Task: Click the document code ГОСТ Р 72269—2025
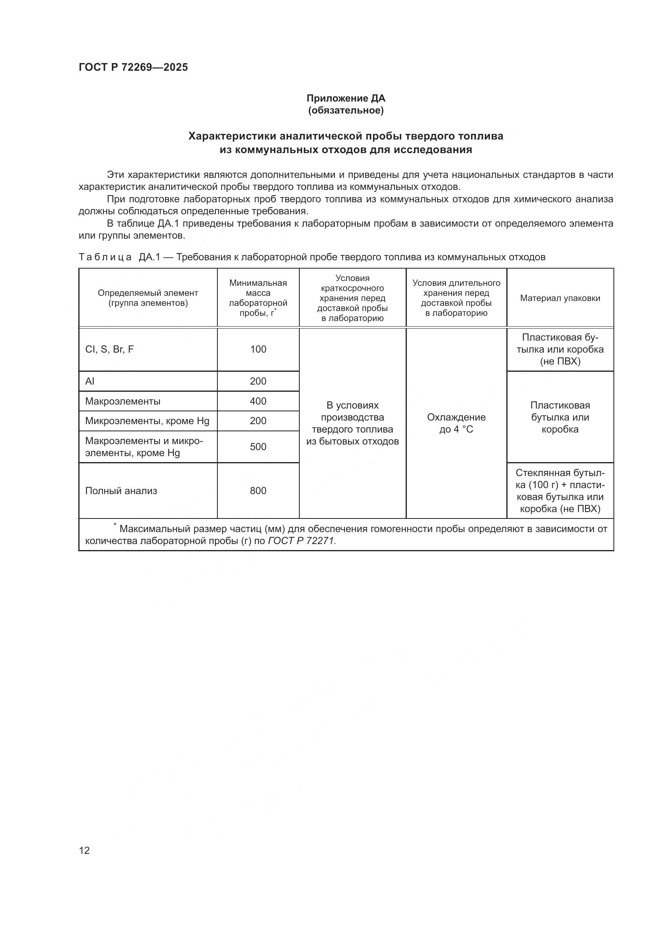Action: [x=133, y=67]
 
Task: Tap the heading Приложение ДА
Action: [x=346, y=98]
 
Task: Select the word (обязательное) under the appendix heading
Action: [x=346, y=110]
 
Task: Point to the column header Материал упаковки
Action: [x=559, y=298]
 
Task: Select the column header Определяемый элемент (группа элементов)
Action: [x=148, y=298]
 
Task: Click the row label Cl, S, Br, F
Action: [x=109, y=349]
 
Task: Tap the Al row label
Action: [x=90, y=381]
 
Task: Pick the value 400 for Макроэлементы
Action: [x=258, y=401]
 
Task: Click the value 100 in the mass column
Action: [x=258, y=349]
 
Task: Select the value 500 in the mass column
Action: [x=258, y=447]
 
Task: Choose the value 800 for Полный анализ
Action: [x=258, y=491]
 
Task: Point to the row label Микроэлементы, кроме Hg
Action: [x=147, y=421]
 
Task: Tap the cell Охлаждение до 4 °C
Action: [x=456, y=423]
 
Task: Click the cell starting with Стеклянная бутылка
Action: [x=559, y=491]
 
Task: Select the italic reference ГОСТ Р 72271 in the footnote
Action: [x=301, y=541]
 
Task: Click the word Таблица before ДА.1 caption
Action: [x=105, y=257]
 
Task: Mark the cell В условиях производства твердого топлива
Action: [x=352, y=423]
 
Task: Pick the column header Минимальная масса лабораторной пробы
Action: [x=258, y=298]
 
